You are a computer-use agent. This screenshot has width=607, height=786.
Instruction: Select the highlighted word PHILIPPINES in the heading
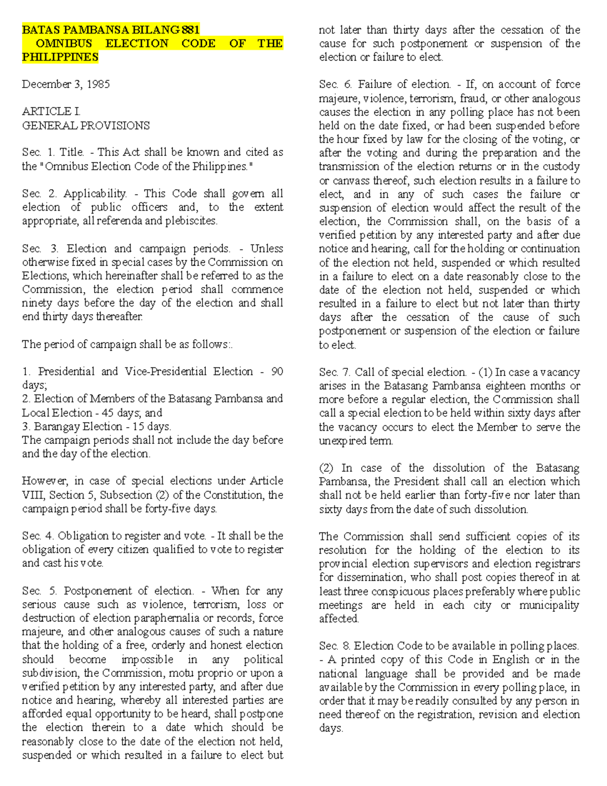60,57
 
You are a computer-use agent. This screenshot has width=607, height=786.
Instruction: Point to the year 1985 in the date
98,84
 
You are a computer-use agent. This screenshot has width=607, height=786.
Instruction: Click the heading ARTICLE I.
51,111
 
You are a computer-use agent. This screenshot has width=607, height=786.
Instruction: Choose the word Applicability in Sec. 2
95,194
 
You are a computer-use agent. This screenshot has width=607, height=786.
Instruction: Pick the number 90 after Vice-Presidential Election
277,371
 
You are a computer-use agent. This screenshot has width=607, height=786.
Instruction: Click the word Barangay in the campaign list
55,427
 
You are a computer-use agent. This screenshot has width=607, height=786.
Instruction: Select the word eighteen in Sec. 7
503,386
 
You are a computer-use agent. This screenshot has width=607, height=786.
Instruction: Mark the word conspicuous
405,591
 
